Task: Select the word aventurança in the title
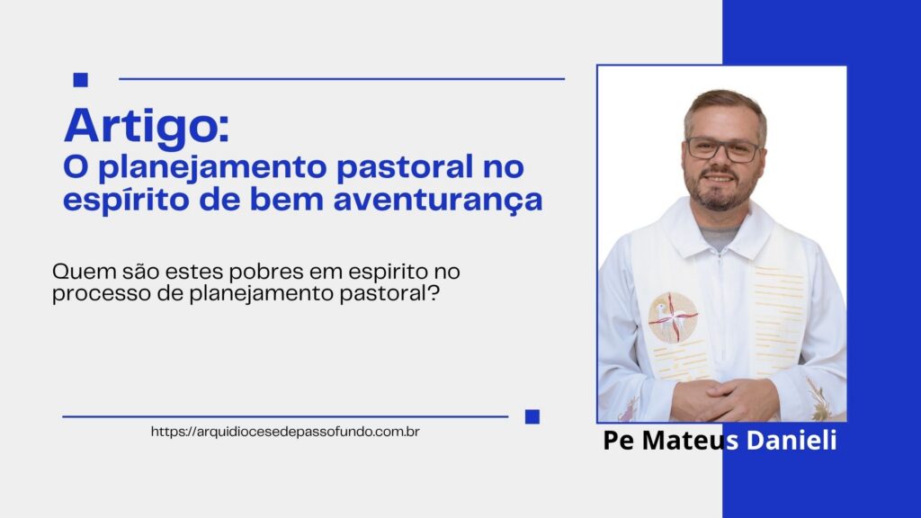[x=438, y=201]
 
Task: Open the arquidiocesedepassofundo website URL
[x=285, y=432]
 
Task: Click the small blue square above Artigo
[x=80, y=79]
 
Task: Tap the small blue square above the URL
[x=532, y=416]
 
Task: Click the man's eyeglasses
[x=722, y=149]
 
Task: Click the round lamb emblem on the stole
[x=673, y=317]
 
